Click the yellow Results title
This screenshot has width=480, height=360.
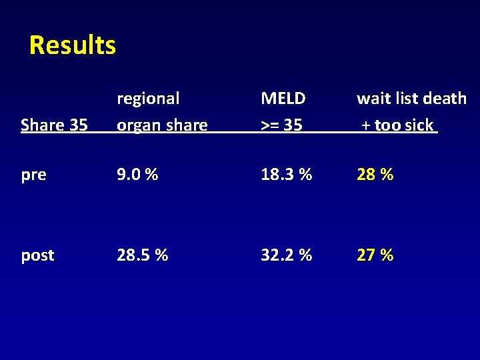tap(73, 45)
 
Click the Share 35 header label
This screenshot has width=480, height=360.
tap(54, 125)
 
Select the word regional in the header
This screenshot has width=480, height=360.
tap(148, 99)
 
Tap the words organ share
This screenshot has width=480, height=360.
tap(162, 125)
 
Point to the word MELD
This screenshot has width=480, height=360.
tap(283, 99)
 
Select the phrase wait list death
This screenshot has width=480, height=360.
tap(411, 99)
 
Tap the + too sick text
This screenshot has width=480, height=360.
tap(397, 125)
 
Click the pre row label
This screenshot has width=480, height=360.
tap(33, 175)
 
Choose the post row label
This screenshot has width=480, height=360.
tap(37, 255)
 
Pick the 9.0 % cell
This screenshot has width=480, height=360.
tap(137, 175)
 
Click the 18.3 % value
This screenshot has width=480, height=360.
tap(287, 175)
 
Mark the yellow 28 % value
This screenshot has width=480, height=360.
tap(375, 175)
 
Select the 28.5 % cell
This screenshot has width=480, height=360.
tap(142, 255)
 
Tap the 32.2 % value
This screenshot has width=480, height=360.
tap(287, 255)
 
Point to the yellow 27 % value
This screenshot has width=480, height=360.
tap(375, 255)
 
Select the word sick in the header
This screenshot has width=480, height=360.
tap(419, 125)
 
